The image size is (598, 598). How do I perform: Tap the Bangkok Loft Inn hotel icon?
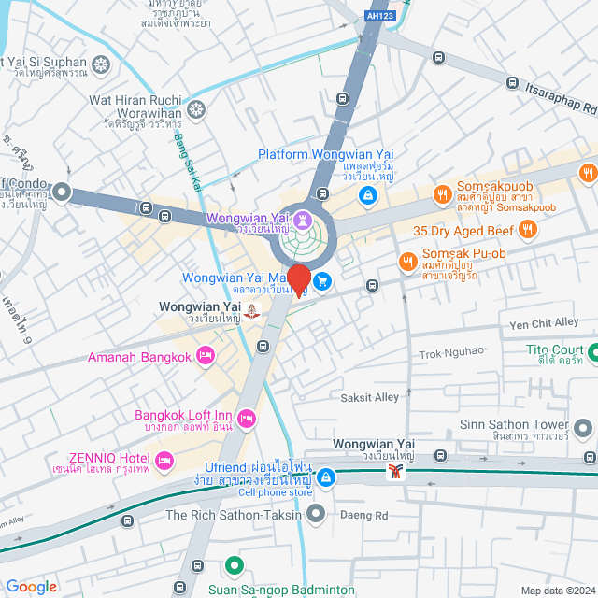pyautogui.click(x=247, y=420)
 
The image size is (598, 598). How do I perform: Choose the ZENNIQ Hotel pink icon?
pyautogui.click(x=164, y=460)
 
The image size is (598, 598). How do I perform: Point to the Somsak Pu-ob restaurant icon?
pyautogui.click(x=406, y=262)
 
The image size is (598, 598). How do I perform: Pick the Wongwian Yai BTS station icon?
pyautogui.click(x=396, y=472)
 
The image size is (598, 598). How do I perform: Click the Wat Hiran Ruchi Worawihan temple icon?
pyautogui.click(x=196, y=110)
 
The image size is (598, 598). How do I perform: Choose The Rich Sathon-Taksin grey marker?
pyautogui.click(x=316, y=513)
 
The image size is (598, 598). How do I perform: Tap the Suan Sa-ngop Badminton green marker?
pyautogui.click(x=234, y=566)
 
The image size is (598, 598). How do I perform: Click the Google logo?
pyautogui.click(x=31, y=586)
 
